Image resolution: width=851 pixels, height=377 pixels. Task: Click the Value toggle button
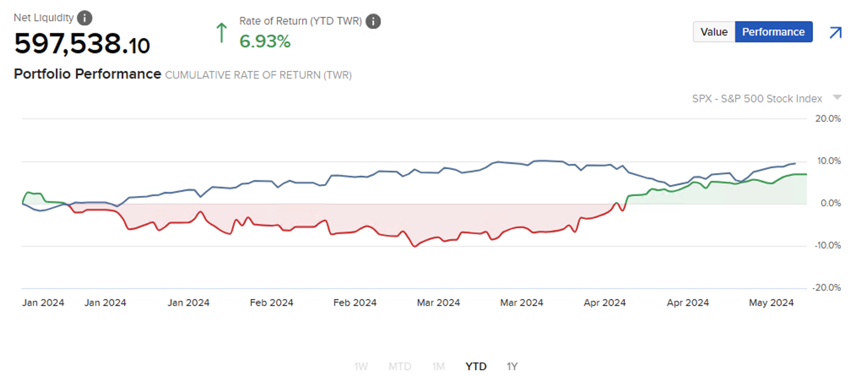click(714, 32)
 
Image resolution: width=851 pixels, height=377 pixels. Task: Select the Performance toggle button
click(773, 32)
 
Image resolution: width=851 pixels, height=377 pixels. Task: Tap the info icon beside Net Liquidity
click(85, 18)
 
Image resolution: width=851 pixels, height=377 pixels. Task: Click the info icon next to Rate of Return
click(373, 21)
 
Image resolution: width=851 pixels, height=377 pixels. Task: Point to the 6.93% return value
click(265, 41)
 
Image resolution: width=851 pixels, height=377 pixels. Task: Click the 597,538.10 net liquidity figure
click(82, 44)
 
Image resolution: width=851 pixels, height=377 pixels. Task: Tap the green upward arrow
click(222, 33)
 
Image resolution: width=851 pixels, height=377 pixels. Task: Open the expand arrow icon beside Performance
click(835, 33)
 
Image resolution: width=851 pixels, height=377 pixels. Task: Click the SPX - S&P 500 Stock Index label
click(757, 99)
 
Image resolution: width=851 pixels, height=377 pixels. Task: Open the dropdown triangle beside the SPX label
click(837, 98)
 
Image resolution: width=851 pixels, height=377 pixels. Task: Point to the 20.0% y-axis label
click(828, 119)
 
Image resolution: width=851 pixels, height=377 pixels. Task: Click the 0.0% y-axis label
click(830, 203)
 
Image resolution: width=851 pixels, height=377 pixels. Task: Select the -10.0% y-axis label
click(827, 246)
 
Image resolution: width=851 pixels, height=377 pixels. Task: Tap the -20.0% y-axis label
click(827, 288)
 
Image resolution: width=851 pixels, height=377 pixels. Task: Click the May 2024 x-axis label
click(771, 303)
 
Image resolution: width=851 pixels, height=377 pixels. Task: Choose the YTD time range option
click(476, 366)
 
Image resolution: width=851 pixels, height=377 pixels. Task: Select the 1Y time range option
click(512, 366)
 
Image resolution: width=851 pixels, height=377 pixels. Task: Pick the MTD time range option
click(400, 366)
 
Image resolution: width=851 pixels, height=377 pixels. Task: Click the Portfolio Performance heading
click(87, 74)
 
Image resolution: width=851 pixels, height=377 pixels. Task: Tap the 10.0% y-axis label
click(829, 161)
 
